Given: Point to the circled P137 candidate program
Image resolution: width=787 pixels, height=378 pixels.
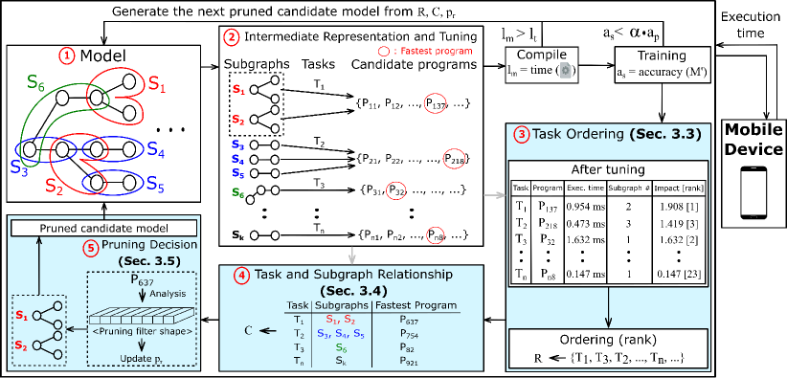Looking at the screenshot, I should click(x=437, y=103).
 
